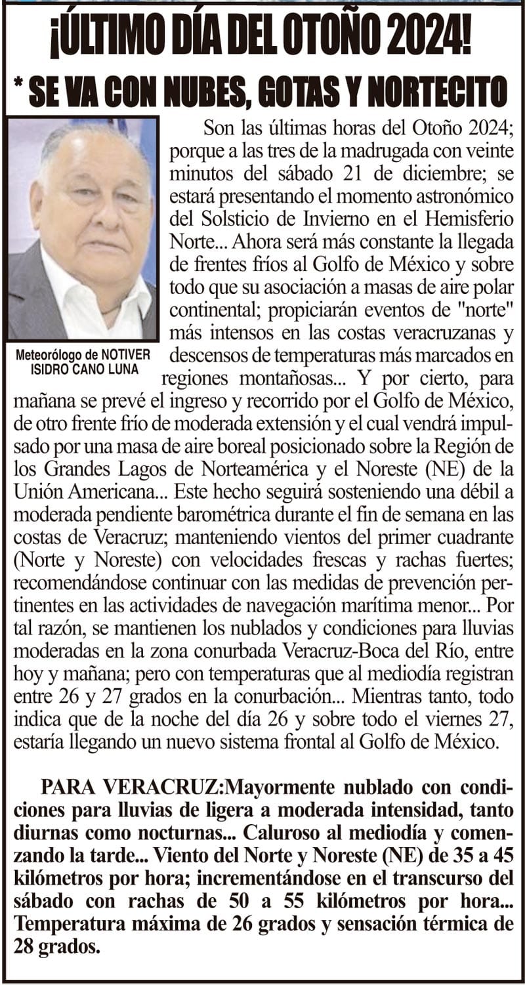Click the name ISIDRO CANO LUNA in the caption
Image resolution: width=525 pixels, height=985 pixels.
click(x=85, y=369)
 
